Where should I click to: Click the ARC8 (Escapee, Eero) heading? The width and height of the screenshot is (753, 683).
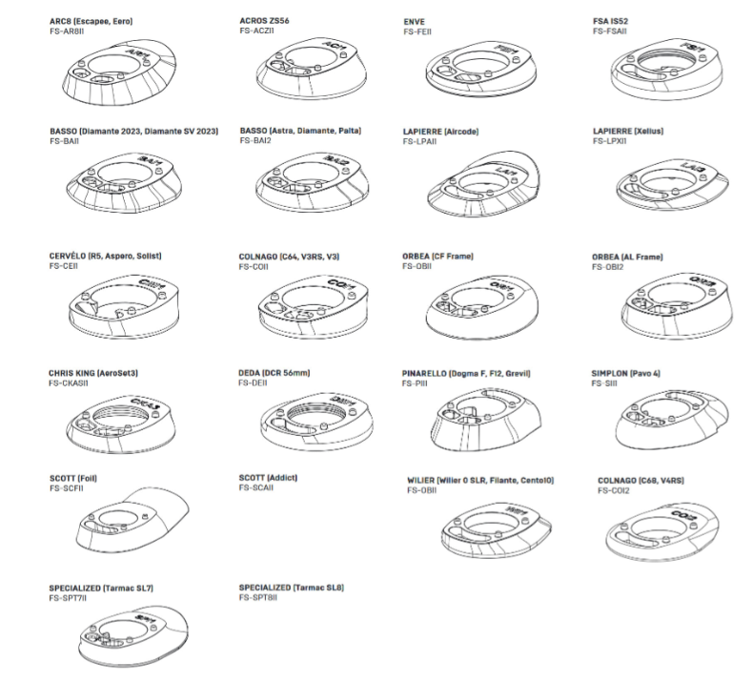coord(92,21)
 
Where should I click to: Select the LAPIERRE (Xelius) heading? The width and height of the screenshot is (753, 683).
coord(627,131)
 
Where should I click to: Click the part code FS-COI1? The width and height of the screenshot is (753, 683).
coord(254,266)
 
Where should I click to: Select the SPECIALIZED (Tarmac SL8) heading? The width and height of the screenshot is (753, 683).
coord(291,588)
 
